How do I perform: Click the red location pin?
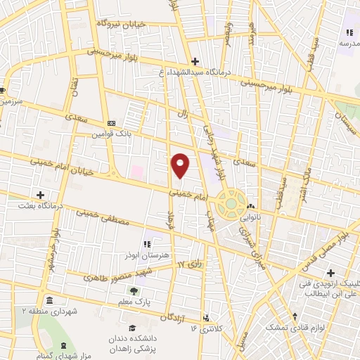point(181,165)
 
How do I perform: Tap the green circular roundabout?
point(230,205)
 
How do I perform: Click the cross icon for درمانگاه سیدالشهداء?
point(195,60)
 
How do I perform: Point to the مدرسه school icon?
point(348,32)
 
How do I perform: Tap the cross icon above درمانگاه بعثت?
point(40,194)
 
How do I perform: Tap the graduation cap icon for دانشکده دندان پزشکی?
point(131,328)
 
